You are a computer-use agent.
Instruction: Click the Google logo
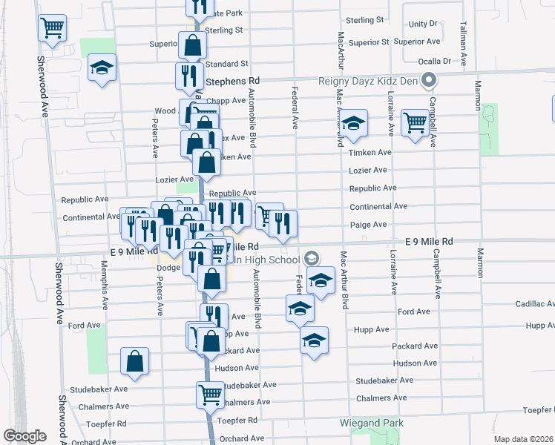click(x=24, y=436)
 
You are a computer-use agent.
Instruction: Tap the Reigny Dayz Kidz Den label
click(x=367, y=81)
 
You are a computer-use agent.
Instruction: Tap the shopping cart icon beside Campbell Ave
click(x=415, y=122)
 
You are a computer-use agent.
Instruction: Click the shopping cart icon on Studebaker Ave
click(x=210, y=394)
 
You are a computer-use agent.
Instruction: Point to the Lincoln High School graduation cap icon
click(x=312, y=258)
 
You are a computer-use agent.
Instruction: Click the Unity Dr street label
click(x=423, y=24)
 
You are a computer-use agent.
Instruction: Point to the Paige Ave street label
click(x=368, y=225)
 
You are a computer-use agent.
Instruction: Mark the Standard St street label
click(x=226, y=65)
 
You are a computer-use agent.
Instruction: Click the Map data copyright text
click(x=524, y=439)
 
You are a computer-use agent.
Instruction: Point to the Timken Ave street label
click(x=370, y=152)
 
